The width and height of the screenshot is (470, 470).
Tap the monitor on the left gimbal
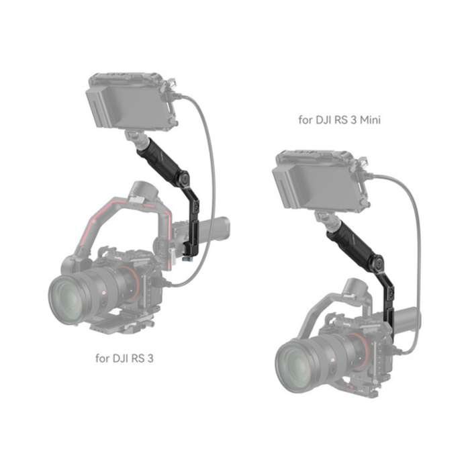click(128, 104)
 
